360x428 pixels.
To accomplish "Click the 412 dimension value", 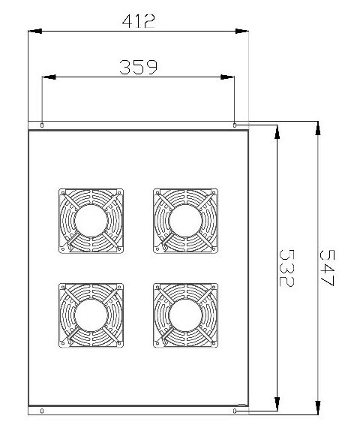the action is point(139,21).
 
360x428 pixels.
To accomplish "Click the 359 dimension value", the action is point(139,67).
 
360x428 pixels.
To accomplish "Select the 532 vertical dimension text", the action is point(286,268).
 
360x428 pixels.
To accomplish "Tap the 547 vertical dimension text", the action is point(327,268).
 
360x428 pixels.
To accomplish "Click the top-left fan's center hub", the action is point(91,221).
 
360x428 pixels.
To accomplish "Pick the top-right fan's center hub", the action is point(185,221).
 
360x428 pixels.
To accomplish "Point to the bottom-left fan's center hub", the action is point(91,315).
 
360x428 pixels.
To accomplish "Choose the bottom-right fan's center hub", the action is point(185,315).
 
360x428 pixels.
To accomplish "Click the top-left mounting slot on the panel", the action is point(42,125).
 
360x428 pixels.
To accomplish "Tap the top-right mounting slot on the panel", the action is point(235,125).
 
